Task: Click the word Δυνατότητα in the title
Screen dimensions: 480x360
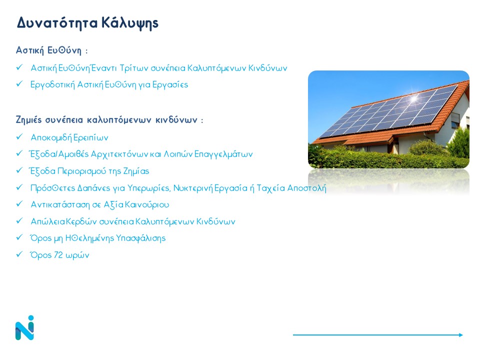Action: [57, 22]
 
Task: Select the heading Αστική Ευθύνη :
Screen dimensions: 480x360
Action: [51, 50]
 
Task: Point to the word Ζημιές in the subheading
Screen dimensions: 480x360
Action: [28, 119]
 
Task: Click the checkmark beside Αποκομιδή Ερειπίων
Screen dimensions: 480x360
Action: [19, 136]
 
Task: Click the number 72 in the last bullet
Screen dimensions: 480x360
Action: [58, 254]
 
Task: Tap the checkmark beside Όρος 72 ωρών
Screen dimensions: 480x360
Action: [19, 254]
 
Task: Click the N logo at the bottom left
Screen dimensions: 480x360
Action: [24, 328]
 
